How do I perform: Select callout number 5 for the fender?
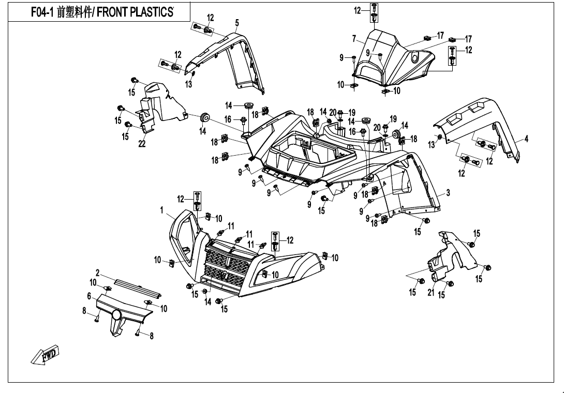tap(236, 23)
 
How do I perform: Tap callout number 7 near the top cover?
tap(354, 39)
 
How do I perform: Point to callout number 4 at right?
tap(526, 139)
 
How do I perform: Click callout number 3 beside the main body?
tap(448, 193)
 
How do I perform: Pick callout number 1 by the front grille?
tap(161, 210)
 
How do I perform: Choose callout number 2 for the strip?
tap(97, 273)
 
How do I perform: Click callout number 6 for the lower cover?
tap(89, 295)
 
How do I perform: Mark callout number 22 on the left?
tap(142, 144)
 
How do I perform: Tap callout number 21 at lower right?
tap(431, 294)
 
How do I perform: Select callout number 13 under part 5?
tap(189, 85)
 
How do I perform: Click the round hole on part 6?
tap(116, 314)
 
